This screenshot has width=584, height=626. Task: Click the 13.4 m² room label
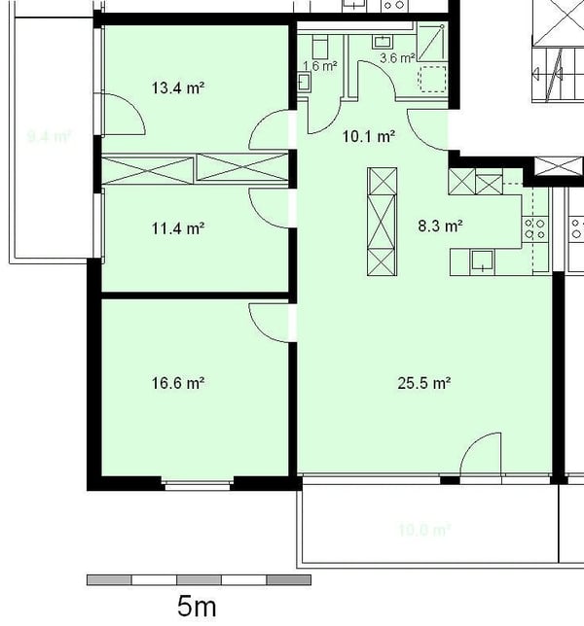(177, 88)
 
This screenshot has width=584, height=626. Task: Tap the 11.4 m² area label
(177, 229)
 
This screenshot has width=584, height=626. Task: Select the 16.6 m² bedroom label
(177, 383)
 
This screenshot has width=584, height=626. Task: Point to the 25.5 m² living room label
(423, 383)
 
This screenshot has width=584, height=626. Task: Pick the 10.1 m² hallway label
(368, 137)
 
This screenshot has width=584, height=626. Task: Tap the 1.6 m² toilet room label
(319, 67)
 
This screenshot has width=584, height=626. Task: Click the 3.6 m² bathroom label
(396, 58)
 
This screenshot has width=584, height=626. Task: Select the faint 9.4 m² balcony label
(49, 137)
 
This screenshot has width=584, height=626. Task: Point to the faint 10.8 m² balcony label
(424, 531)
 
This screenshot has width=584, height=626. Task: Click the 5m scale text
(197, 607)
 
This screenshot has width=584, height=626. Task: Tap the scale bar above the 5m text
(199, 580)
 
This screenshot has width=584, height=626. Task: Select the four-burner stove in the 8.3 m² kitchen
(534, 229)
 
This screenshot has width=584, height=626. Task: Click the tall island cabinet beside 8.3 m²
(382, 222)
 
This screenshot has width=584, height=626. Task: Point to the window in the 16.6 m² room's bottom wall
(198, 482)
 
